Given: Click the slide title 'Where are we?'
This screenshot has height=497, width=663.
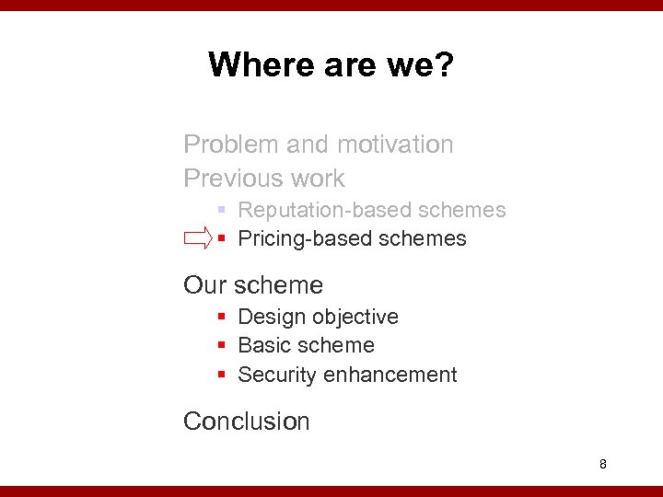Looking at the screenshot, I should point(331,65).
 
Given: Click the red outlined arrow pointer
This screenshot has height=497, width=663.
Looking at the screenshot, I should point(198,239).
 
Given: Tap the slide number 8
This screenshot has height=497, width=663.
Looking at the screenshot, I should point(602,464).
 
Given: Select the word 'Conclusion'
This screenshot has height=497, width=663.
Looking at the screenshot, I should point(246,422).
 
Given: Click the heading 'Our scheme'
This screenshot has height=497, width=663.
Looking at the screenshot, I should point(253,285).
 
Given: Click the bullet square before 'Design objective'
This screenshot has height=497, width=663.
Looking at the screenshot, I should point(222,317).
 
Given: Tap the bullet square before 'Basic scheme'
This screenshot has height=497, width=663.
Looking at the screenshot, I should point(222,346).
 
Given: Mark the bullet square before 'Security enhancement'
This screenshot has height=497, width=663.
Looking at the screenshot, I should point(222,376).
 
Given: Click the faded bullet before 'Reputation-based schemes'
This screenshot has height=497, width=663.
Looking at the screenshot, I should point(222,210).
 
